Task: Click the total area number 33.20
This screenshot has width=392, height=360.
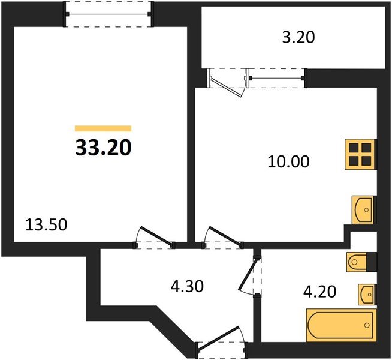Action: click(x=103, y=147)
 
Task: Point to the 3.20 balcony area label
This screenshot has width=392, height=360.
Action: click(x=298, y=37)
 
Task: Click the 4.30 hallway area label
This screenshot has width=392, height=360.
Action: click(x=188, y=286)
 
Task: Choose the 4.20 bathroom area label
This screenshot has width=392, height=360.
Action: click(x=319, y=292)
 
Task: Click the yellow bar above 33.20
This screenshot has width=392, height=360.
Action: click(x=103, y=128)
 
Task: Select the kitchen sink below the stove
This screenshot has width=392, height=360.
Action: click(x=362, y=209)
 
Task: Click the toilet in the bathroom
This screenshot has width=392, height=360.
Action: click(x=357, y=262)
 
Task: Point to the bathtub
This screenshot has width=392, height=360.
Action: click(x=340, y=325)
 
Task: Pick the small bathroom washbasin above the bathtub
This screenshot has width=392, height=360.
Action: click(x=367, y=294)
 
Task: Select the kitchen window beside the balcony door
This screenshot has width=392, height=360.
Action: click(x=276, y=77)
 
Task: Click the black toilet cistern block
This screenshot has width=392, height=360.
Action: click(x=372, y=262)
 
